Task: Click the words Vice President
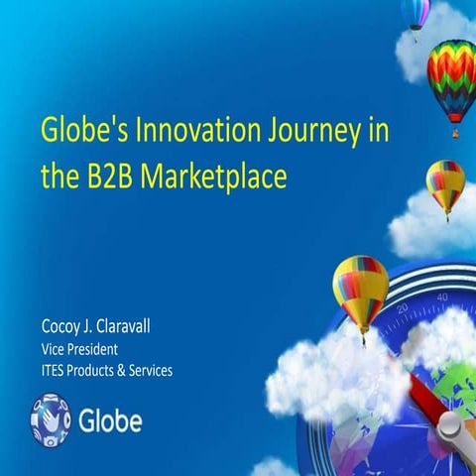81,350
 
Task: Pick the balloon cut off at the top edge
416,13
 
